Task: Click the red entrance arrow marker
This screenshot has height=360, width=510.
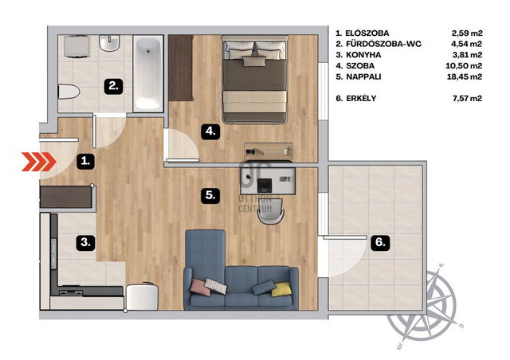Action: click(39, 162)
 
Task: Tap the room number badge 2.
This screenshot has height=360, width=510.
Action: click(113, 86)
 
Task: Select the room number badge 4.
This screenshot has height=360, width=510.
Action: click(210, 131)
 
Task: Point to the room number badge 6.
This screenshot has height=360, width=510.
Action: click(381, 242)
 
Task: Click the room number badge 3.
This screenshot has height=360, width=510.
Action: click(86, 242)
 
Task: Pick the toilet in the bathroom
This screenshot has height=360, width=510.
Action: click(69, 92)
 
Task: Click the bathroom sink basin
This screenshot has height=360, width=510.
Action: click(110, 43)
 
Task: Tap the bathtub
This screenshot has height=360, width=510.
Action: click(148, 74)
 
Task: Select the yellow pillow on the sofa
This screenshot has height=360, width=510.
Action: click(281, 289)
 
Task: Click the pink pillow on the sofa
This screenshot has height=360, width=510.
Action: click(200, 288)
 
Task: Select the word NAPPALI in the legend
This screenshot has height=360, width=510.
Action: click(363, 76)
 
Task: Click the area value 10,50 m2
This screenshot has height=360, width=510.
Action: click(464, 65)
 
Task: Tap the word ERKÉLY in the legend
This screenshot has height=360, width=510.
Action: click(361, 98)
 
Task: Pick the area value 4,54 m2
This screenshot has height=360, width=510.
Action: click(467, 44)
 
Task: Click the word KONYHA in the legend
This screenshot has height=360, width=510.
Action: click(363, 55)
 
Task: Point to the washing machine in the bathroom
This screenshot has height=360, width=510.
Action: click(77, 46)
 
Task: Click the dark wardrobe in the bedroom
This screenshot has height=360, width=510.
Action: click(181, 68)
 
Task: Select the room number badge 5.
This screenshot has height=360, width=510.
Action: click(210, 195)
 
